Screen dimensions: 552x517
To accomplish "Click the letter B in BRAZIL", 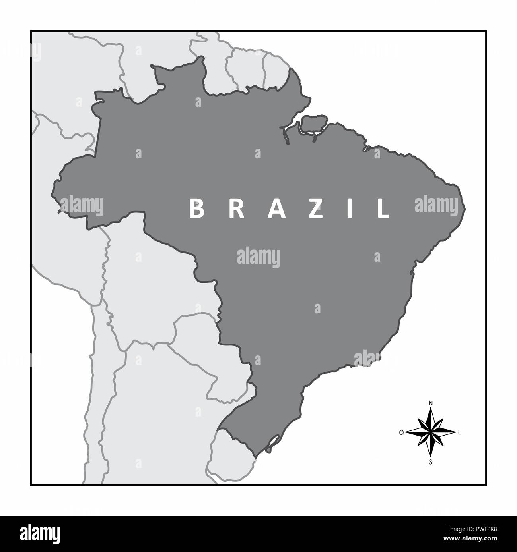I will coord(196,209).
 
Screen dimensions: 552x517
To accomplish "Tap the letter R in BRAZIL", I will coord(236,209).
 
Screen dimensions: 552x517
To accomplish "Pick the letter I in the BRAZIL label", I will coord(350,209).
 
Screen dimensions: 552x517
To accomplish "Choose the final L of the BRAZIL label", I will coord(383,209).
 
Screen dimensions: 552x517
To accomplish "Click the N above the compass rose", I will coord(430,403).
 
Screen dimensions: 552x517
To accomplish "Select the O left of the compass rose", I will coord(401,432).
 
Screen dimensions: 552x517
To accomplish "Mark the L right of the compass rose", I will coord(460,432).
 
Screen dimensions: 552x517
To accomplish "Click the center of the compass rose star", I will coord(430,432).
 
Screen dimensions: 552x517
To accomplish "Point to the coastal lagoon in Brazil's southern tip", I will coord(272,442).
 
